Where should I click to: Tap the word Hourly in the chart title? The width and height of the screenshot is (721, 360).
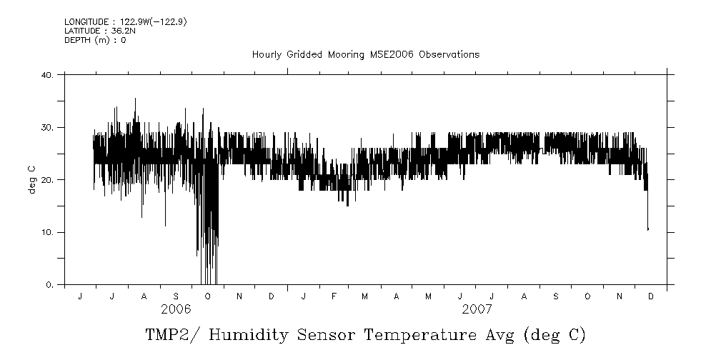[266, 55]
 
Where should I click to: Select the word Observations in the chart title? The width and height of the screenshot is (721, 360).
[449, 55]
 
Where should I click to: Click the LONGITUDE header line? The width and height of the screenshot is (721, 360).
[126, 22]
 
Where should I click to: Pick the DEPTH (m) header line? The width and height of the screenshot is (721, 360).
[95, 40]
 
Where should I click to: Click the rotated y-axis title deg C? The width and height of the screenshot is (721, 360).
[31, 180]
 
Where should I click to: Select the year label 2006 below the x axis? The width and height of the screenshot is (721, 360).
[176, 309]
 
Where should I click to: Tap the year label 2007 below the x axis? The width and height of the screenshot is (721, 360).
[477, 309]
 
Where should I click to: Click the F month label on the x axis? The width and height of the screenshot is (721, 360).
[334, 296]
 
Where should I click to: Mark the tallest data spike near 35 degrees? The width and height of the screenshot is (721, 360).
[135, 99]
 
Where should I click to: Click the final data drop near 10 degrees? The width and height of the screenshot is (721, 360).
[647, 229]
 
